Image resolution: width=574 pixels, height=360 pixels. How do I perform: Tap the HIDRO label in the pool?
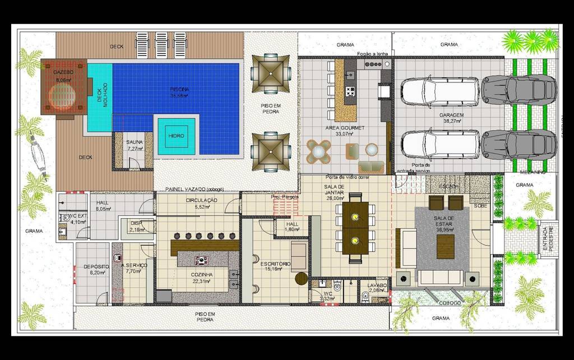(x=176, y=136)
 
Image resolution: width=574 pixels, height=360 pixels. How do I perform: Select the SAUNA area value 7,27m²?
(x=135, y=149)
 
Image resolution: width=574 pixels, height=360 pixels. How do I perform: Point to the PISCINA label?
(x=179, y=89)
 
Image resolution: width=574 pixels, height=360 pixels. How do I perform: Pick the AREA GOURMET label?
(x=345, y=128)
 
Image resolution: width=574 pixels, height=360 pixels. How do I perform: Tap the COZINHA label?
(x=201, y=274)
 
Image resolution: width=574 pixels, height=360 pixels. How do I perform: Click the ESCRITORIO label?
(x=275, y=263)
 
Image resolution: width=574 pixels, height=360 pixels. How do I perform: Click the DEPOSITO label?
(x=91, y=266)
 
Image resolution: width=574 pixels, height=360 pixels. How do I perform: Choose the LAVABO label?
(x=377, y=285)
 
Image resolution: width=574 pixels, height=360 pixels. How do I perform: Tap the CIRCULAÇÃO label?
(x=201, y=200)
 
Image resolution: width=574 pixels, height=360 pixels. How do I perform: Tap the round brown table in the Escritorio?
(x=302, y=278)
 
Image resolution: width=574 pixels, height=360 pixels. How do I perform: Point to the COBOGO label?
(x=450, y=303)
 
